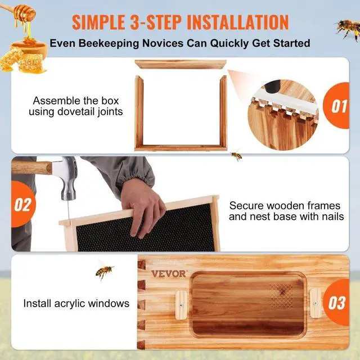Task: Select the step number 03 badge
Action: pyautogui.click(x=337, y=303)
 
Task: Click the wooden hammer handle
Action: pyautogui.click(x=31, y=166)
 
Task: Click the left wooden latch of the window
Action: pyautogui.click(x=181, y=304)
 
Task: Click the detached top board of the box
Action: pyautogui.click(x=180, y=65)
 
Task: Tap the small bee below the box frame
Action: pyautogui.click(x=237, y=155)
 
